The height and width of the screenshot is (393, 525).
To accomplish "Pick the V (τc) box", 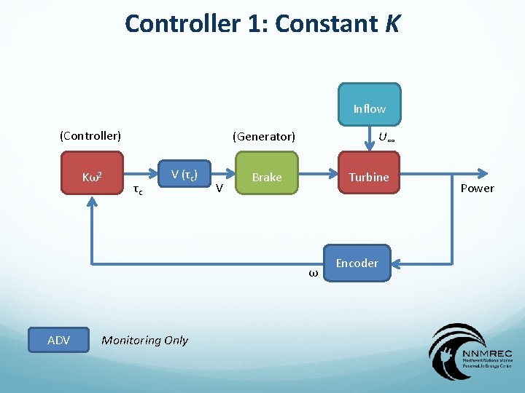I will pos(185,174).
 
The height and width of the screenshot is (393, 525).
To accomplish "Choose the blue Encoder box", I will pos(357,263).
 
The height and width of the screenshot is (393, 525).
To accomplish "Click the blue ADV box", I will pos(58,340).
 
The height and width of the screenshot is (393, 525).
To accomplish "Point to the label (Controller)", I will pos(90,135).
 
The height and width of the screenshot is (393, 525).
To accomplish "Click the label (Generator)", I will pos(263,136).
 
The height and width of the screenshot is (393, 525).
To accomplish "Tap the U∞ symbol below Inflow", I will pos(386,136).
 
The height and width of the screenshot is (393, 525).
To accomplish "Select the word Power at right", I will pos(477,188).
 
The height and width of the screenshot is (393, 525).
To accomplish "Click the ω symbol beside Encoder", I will pos(313,274).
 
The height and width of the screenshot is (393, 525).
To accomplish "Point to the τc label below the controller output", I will pos(136,191).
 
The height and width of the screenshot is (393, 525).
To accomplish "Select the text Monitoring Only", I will pos(144,340).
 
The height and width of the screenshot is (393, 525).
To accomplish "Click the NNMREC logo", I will pos(471,352).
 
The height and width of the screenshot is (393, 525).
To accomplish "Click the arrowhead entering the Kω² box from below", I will pos(92,202).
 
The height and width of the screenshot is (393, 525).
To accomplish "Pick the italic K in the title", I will pos(391,24).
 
